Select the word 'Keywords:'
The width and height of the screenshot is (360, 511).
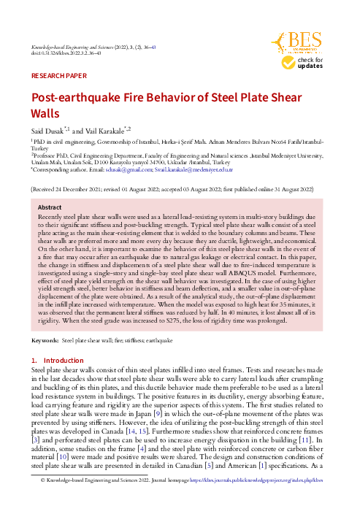click(x=45, y=341)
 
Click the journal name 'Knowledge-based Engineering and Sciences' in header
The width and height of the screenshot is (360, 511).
click(x=80, y=45)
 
